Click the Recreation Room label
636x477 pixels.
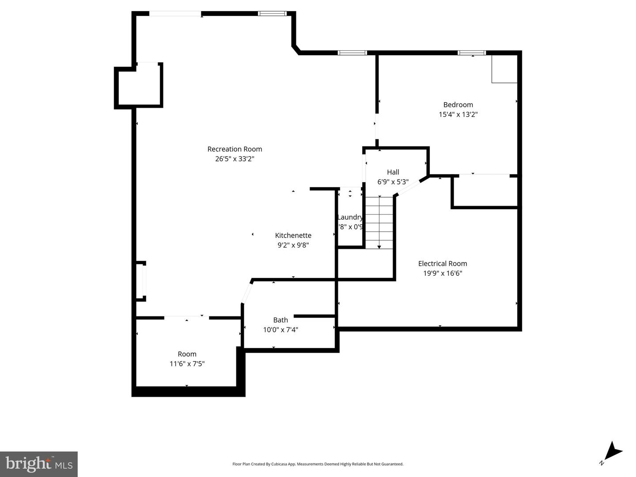pos(235,149)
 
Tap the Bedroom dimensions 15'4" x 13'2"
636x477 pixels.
pos(458,114)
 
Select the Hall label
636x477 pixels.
pos(393,172)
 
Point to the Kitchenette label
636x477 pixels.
pos(293,235)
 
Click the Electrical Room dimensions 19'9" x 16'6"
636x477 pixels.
pos(443,273)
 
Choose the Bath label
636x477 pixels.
pos(280,320)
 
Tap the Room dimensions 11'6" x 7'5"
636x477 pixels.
pos(187,364)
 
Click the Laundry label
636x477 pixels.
pos(350,217)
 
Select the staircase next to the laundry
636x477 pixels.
pos(379,222)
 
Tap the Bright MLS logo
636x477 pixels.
pos(39,464)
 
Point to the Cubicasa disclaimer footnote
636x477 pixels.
pos(318,464)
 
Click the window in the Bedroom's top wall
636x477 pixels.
pos(472,53)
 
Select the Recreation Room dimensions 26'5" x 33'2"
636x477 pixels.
pos(235,159)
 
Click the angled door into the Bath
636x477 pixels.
pos(246,292)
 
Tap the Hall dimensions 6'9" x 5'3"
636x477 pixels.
pos(393,182)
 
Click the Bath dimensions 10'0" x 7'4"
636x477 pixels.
pos(280,330)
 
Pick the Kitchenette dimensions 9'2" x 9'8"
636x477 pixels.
pos(293,245)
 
